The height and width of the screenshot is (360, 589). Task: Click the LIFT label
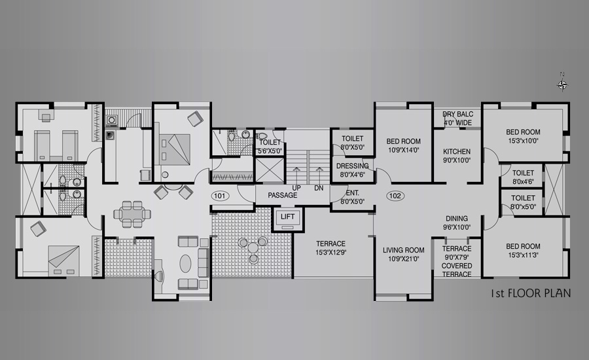click(x=288, y=217)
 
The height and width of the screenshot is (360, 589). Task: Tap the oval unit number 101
click(x=220, y=196)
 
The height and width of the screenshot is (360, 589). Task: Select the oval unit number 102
click(x=395, y=196)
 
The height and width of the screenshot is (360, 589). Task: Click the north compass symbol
click(x=562, y=85)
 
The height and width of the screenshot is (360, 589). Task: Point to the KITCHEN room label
click(x=457, y=151)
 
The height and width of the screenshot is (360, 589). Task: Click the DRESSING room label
click(x=352, y=166)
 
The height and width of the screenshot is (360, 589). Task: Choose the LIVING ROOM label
click(x=403, y=250)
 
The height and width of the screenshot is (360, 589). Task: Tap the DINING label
click(x=457, y=219)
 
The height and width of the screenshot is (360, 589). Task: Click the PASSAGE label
click(x=283, y=196)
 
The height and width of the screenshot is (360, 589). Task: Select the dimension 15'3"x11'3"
click(x=524, y=255)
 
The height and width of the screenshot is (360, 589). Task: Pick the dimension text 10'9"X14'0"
click(x=403, y=150)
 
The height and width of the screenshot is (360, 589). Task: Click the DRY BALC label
click(x=458, y=115)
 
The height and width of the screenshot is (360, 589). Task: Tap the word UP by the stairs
click(x=296, y=188)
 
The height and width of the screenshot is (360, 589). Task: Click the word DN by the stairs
click(x=319, y=188)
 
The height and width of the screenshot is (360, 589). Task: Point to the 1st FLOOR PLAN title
click(x=531, y=293)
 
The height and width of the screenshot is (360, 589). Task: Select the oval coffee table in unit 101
click(x=186, y=263)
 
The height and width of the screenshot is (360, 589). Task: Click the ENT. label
click(x=352, y=193)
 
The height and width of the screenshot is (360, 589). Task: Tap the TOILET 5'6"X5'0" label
click(x=270, y=147)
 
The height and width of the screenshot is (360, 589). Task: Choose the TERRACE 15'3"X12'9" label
click(x=330, y=248)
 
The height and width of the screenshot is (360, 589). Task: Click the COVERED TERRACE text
click(x=457, y=270)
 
